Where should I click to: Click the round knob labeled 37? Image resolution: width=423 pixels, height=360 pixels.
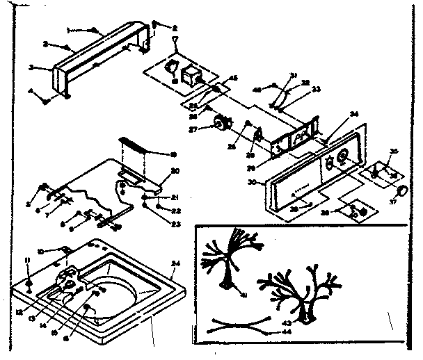click(402, 190)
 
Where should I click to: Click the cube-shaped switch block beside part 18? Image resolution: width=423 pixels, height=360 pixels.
click(190, 74)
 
